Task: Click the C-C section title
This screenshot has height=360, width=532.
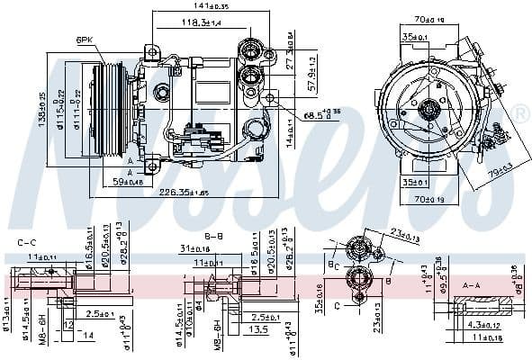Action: (x=27, y=242)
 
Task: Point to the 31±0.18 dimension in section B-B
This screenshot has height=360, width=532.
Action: (x=194, y=248)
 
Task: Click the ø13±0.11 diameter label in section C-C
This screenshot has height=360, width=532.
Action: (x=6, y=322)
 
